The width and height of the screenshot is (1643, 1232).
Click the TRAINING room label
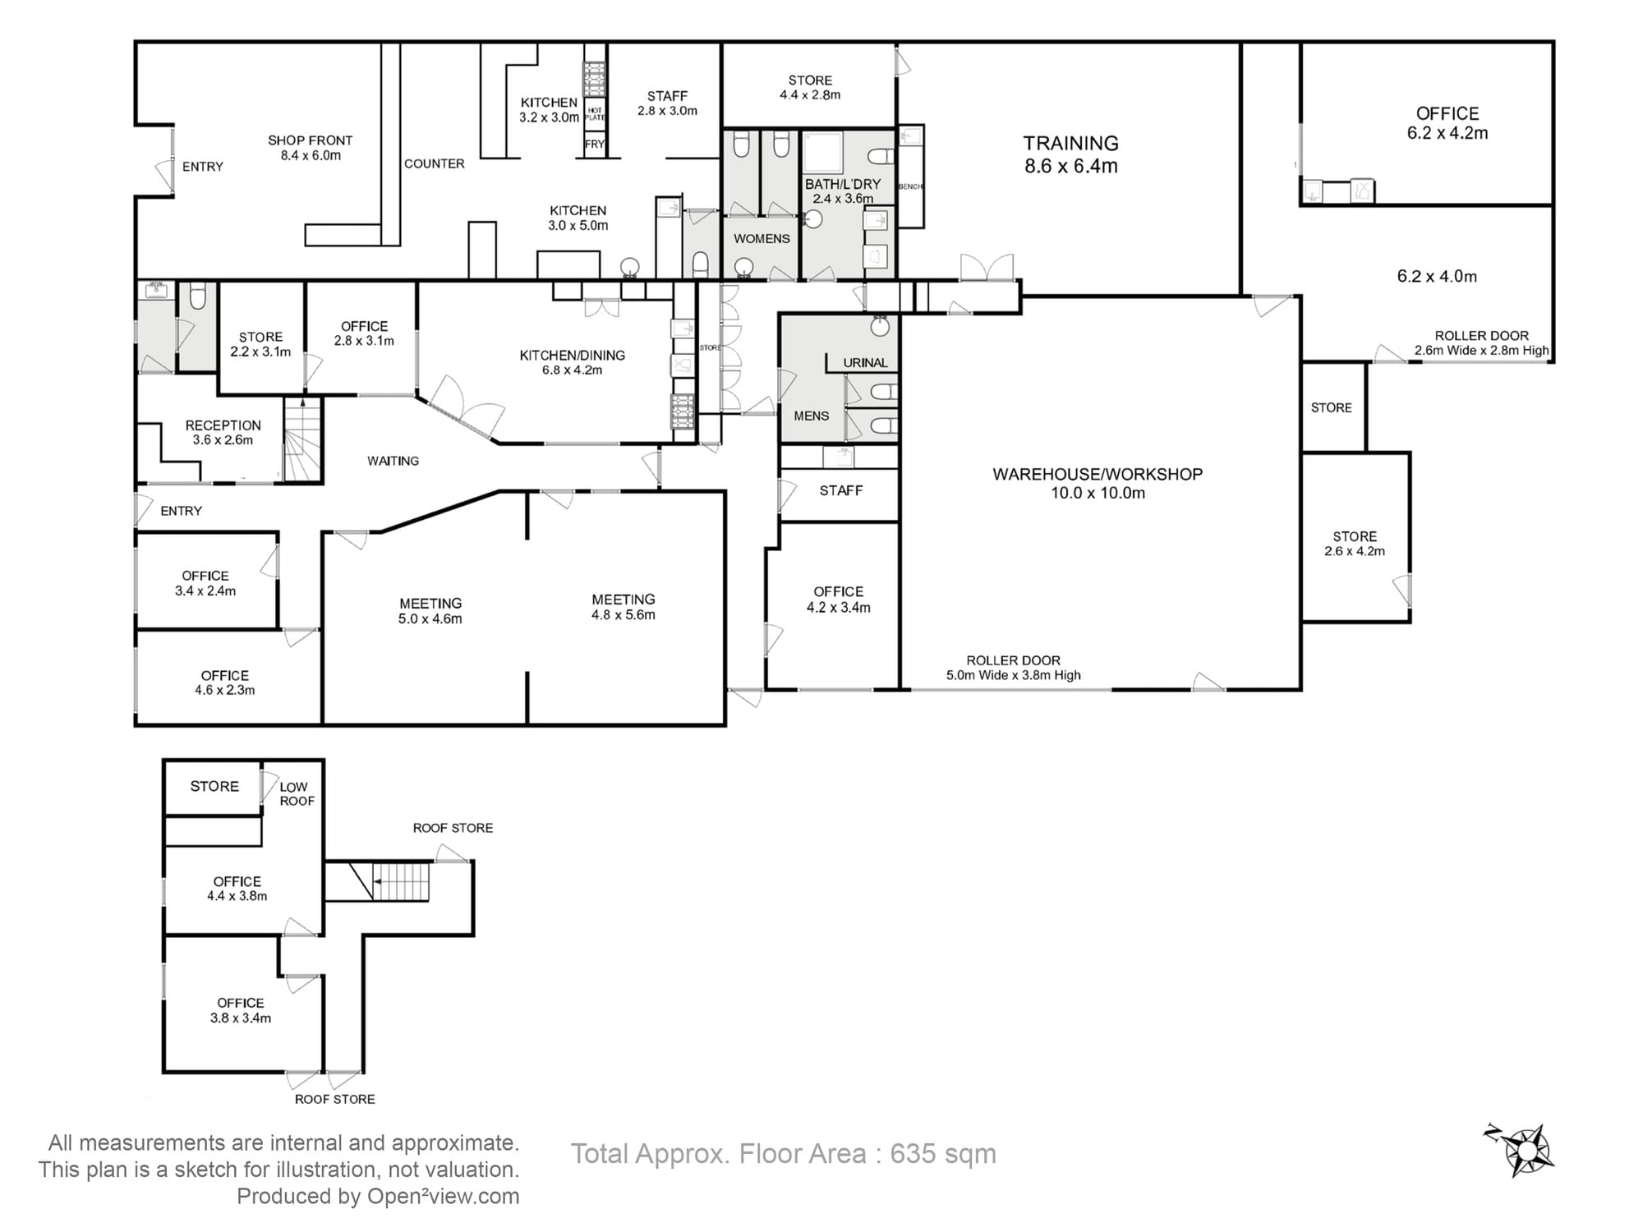coord(1070,154)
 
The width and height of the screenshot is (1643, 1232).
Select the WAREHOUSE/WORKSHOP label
coord(1097,483)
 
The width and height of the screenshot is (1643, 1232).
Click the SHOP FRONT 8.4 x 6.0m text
coord(310,148)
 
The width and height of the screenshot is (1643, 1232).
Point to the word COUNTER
coord(434,163)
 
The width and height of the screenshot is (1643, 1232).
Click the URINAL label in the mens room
coord(865,362)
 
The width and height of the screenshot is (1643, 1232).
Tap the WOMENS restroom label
coord(762,238)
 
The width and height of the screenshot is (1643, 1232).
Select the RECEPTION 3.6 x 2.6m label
coord(223,432)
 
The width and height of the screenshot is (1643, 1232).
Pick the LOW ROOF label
coord(296,793)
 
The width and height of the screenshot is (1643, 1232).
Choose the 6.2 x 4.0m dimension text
coord(1436,276)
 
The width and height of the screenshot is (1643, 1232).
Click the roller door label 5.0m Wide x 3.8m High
coord(1013,668)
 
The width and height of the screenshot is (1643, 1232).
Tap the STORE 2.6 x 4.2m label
coord(1354,543)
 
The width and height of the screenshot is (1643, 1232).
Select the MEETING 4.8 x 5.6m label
coord(623,606)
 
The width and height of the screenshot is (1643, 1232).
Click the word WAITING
coord(393,461)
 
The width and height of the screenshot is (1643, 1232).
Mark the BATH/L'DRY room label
coord(842,191)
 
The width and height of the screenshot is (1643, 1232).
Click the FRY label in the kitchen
coord(594,144)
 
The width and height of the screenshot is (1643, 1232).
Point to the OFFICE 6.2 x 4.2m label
coord(1447,122)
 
